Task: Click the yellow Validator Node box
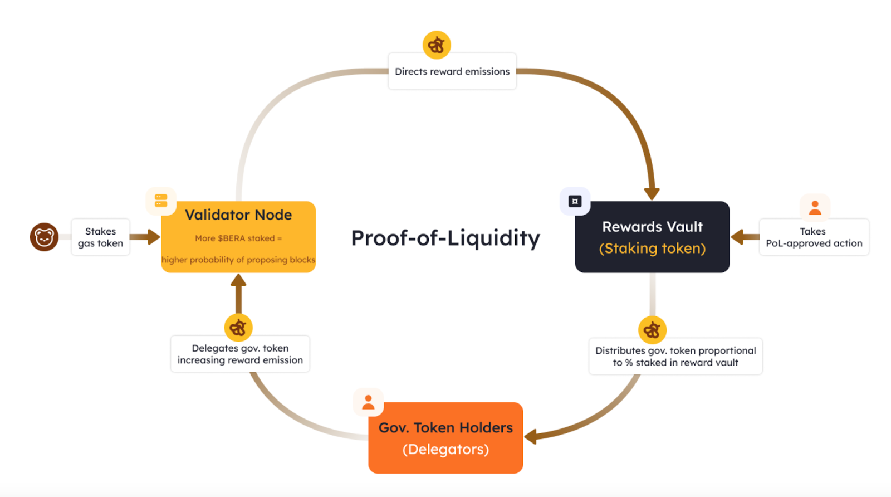click(238, 237)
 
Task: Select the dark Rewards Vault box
click(652, 237)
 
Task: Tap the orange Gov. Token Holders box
click(445, 438)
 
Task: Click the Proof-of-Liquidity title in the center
click(445, 238)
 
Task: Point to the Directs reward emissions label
click(452, 71)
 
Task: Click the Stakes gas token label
click(101, 237)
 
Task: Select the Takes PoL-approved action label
click(814, 237)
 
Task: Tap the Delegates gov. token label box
click(240, 354)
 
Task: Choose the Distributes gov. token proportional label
click(675, 357)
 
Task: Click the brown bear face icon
click(44, 237)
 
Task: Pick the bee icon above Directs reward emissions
click(437, 45)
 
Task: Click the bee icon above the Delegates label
click(238, 328)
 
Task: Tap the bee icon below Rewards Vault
click(652, 330)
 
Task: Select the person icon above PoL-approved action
click(815, 208)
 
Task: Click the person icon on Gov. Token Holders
click(368, 402)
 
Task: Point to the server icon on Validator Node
click(161, 201)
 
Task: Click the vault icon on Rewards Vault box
click(575, 201)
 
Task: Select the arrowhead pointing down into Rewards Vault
click(652, 193)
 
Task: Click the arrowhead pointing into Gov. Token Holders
click(531, 436)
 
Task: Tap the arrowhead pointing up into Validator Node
click(238, 280)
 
